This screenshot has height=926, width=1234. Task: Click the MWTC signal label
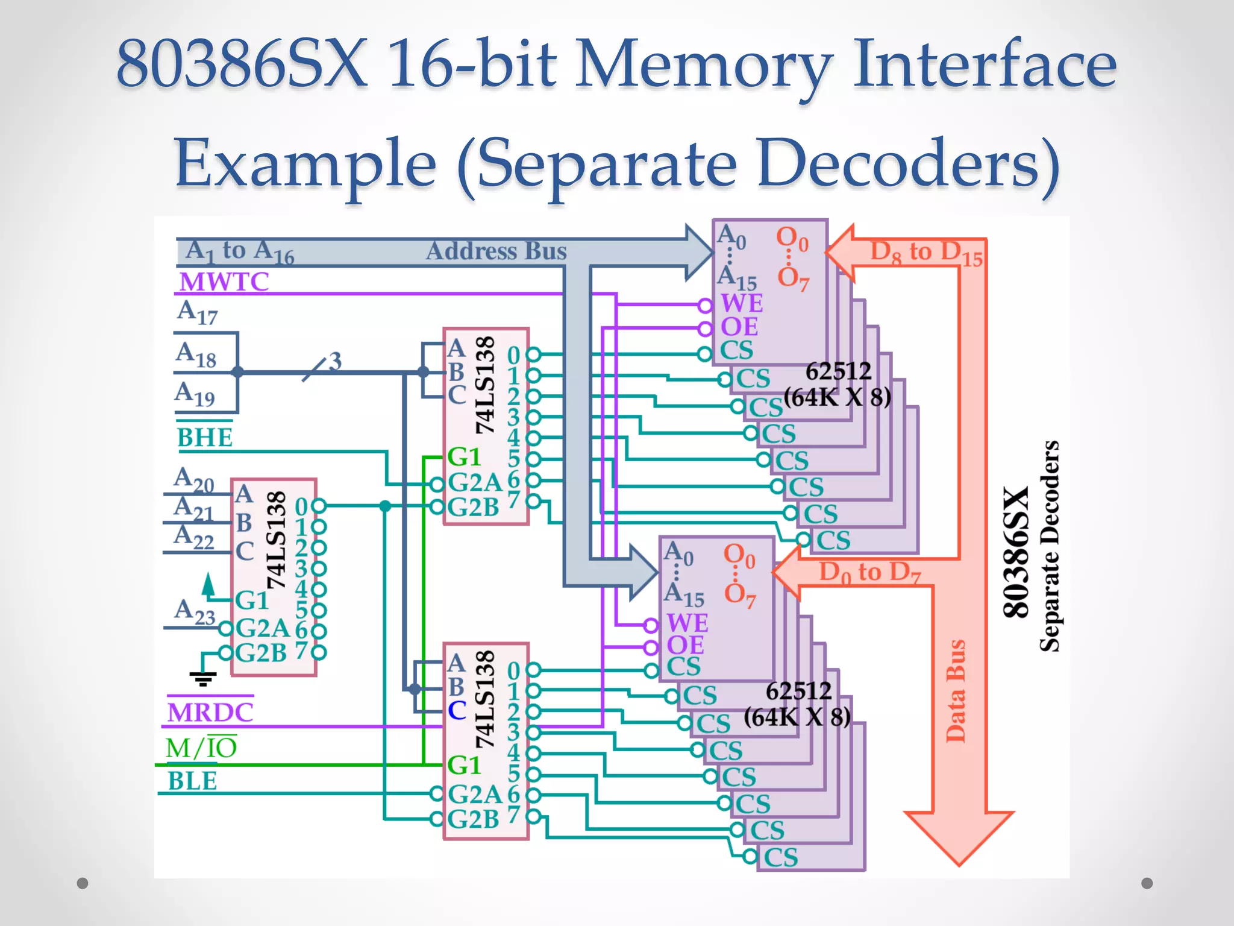[x=224, y=282]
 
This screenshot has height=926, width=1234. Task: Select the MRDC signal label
[x=210, y=713]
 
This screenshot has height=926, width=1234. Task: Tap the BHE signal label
[x=205, y=437]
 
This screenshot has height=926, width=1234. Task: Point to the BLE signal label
[x=192, y=781]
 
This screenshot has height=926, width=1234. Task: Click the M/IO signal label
[x=201, y=748]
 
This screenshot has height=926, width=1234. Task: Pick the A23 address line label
[x=195, y=611]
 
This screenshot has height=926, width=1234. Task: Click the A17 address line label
[x=197, y=312]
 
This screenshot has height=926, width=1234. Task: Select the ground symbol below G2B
[x=202, y=679]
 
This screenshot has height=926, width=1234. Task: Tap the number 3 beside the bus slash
[x=335, y=361]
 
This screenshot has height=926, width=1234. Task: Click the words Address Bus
[x=496, y=251]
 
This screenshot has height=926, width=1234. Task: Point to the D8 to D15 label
[x=926, y=252]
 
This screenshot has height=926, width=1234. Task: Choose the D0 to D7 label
[x=869, y=572]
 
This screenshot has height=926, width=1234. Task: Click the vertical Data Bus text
[x=956, y=691]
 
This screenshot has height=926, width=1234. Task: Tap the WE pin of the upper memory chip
[x=742, y=303]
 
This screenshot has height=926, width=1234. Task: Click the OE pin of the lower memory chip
[x=685, y=645]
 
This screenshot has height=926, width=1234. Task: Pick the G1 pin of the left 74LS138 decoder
[x=251, y=600]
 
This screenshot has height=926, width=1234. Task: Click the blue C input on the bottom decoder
[x=457, y=710]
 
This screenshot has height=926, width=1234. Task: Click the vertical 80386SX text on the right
[x=1016, y=552]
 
